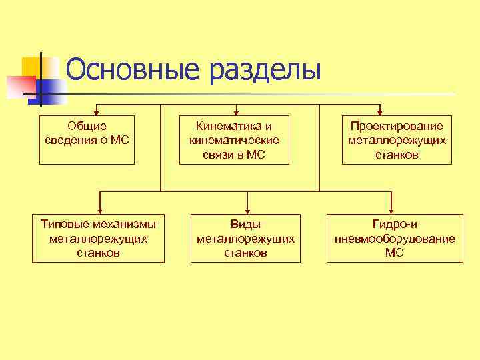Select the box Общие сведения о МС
point(87,140)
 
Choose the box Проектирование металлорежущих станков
point(397,140)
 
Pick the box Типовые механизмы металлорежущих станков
point(98,238)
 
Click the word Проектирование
point(397,125)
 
